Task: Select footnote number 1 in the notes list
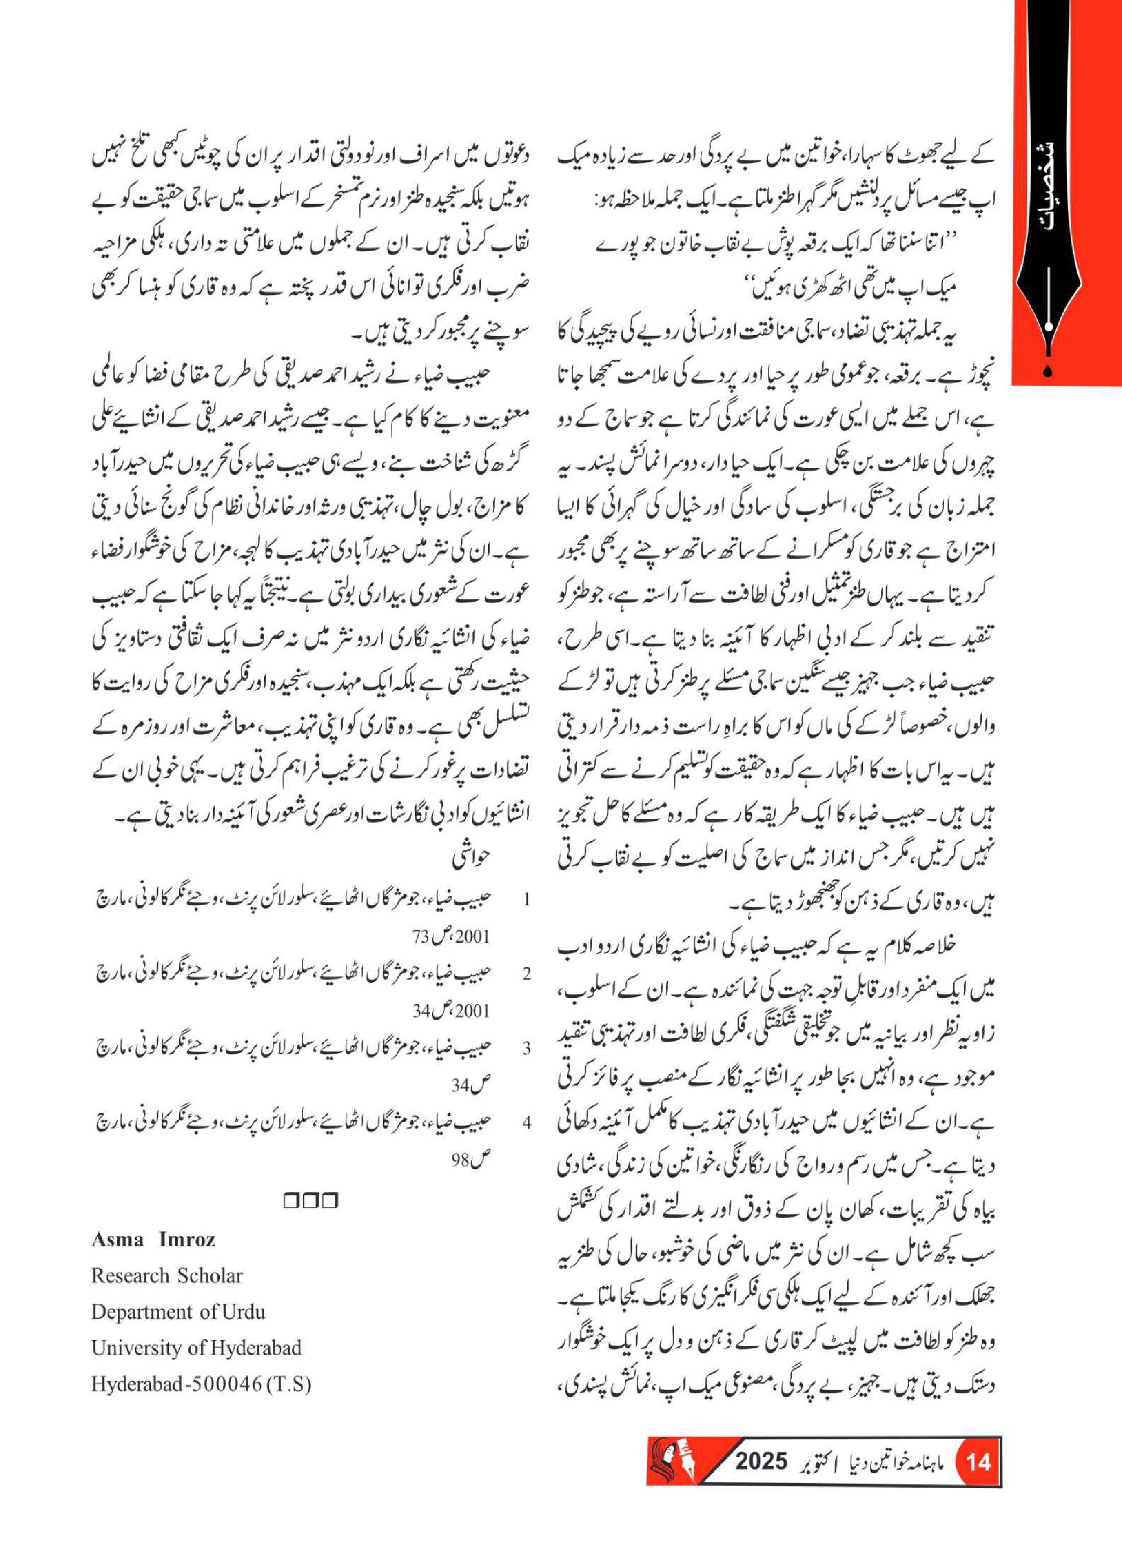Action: tap(527, 900)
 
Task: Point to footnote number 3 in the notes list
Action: tap(527, 1049)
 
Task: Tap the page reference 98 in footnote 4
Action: tap(460, 1160)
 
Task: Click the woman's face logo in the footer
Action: tap(666, 1479)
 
